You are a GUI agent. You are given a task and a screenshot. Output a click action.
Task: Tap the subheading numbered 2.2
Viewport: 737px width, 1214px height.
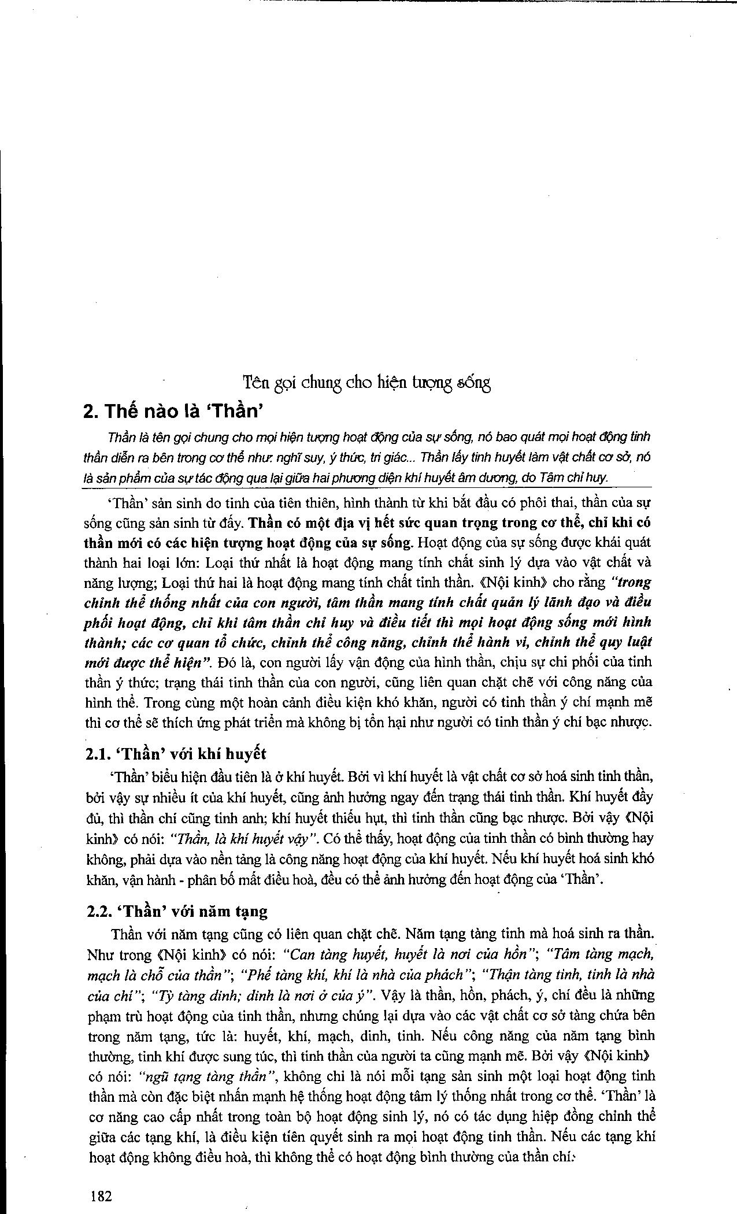click(177, 911)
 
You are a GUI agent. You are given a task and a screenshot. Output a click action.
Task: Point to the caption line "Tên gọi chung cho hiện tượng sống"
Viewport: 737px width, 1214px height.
click(366, 382)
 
